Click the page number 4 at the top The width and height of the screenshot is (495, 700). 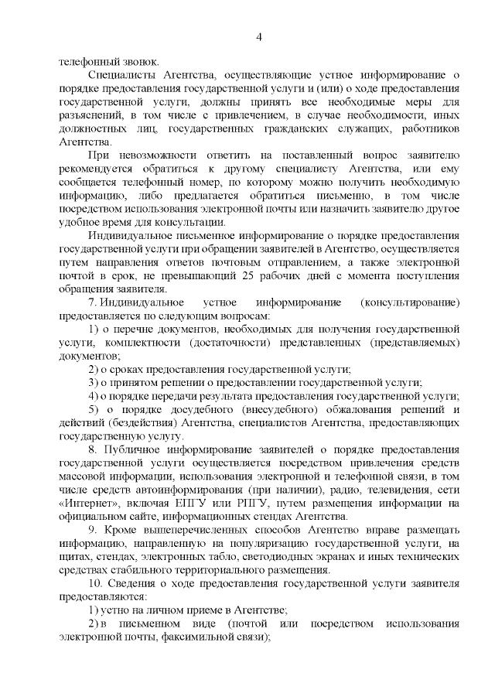260,36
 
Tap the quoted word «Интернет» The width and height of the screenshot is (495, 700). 86,504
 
